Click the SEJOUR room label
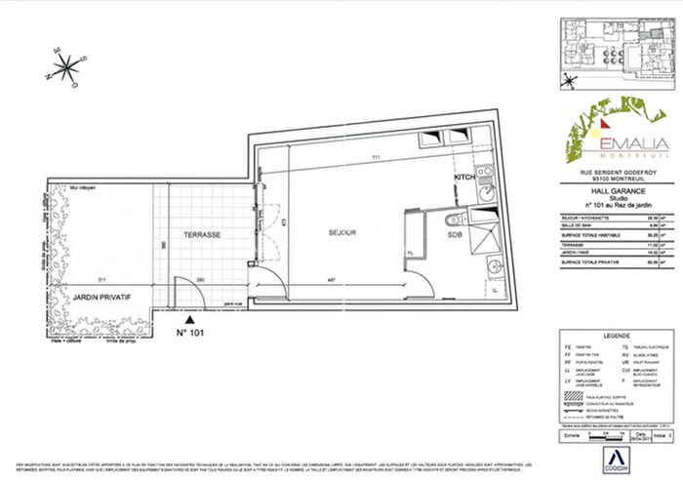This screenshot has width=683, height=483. pyautogui.click(x=341, y=233)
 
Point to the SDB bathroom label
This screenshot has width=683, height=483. pyautogui.click(x=458, y=234)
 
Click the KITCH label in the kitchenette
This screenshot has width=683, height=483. pyautogui.click(x=463, y=179)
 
